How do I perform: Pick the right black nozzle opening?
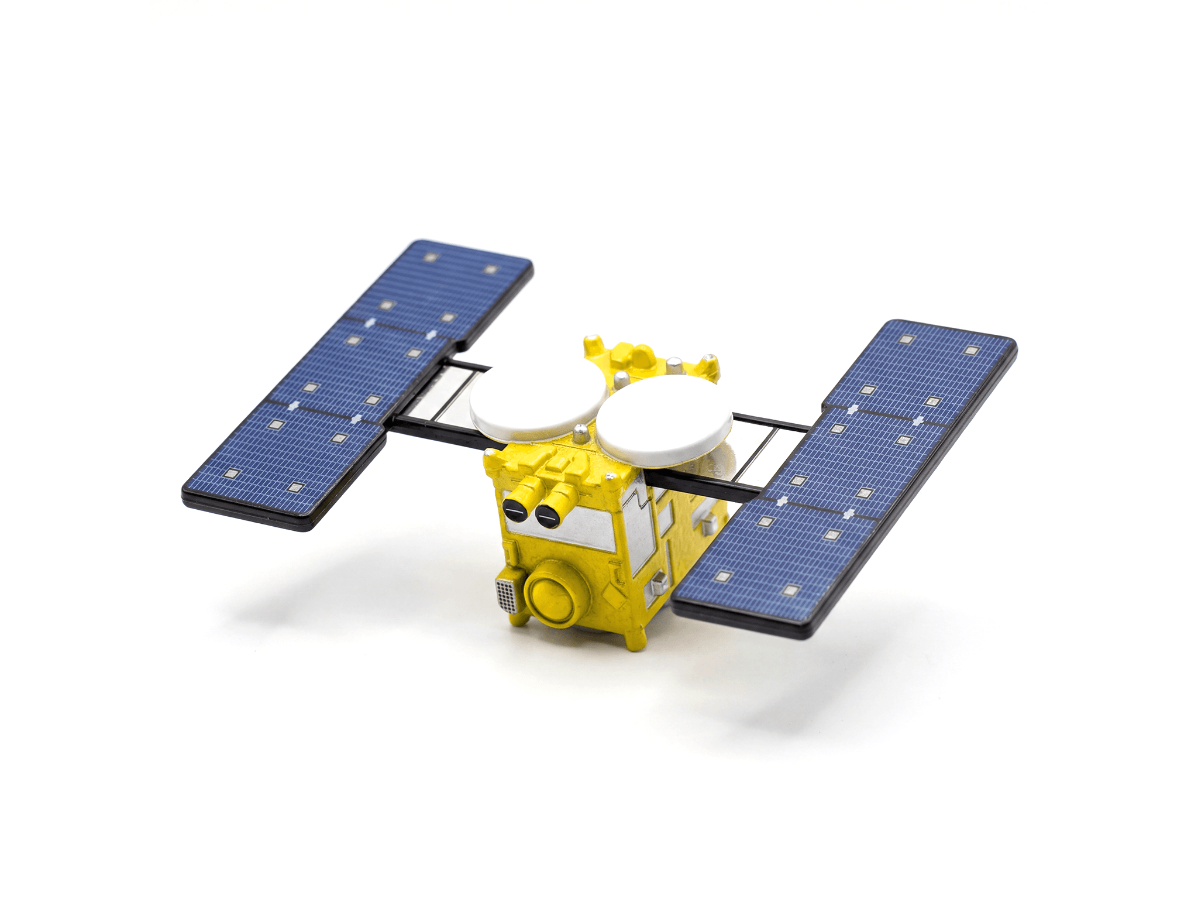coord(546,515)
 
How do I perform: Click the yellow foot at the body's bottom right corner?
coord(634,638)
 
